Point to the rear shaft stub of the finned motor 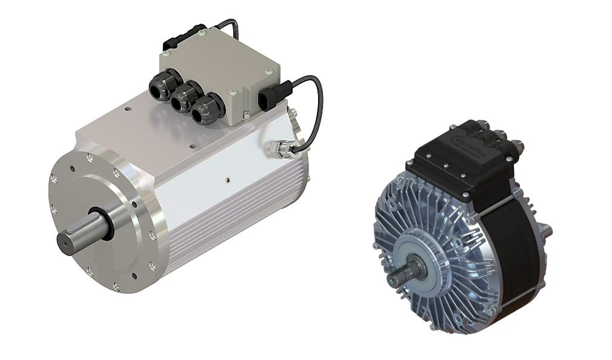point(547,228)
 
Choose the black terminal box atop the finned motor point(467,158)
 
